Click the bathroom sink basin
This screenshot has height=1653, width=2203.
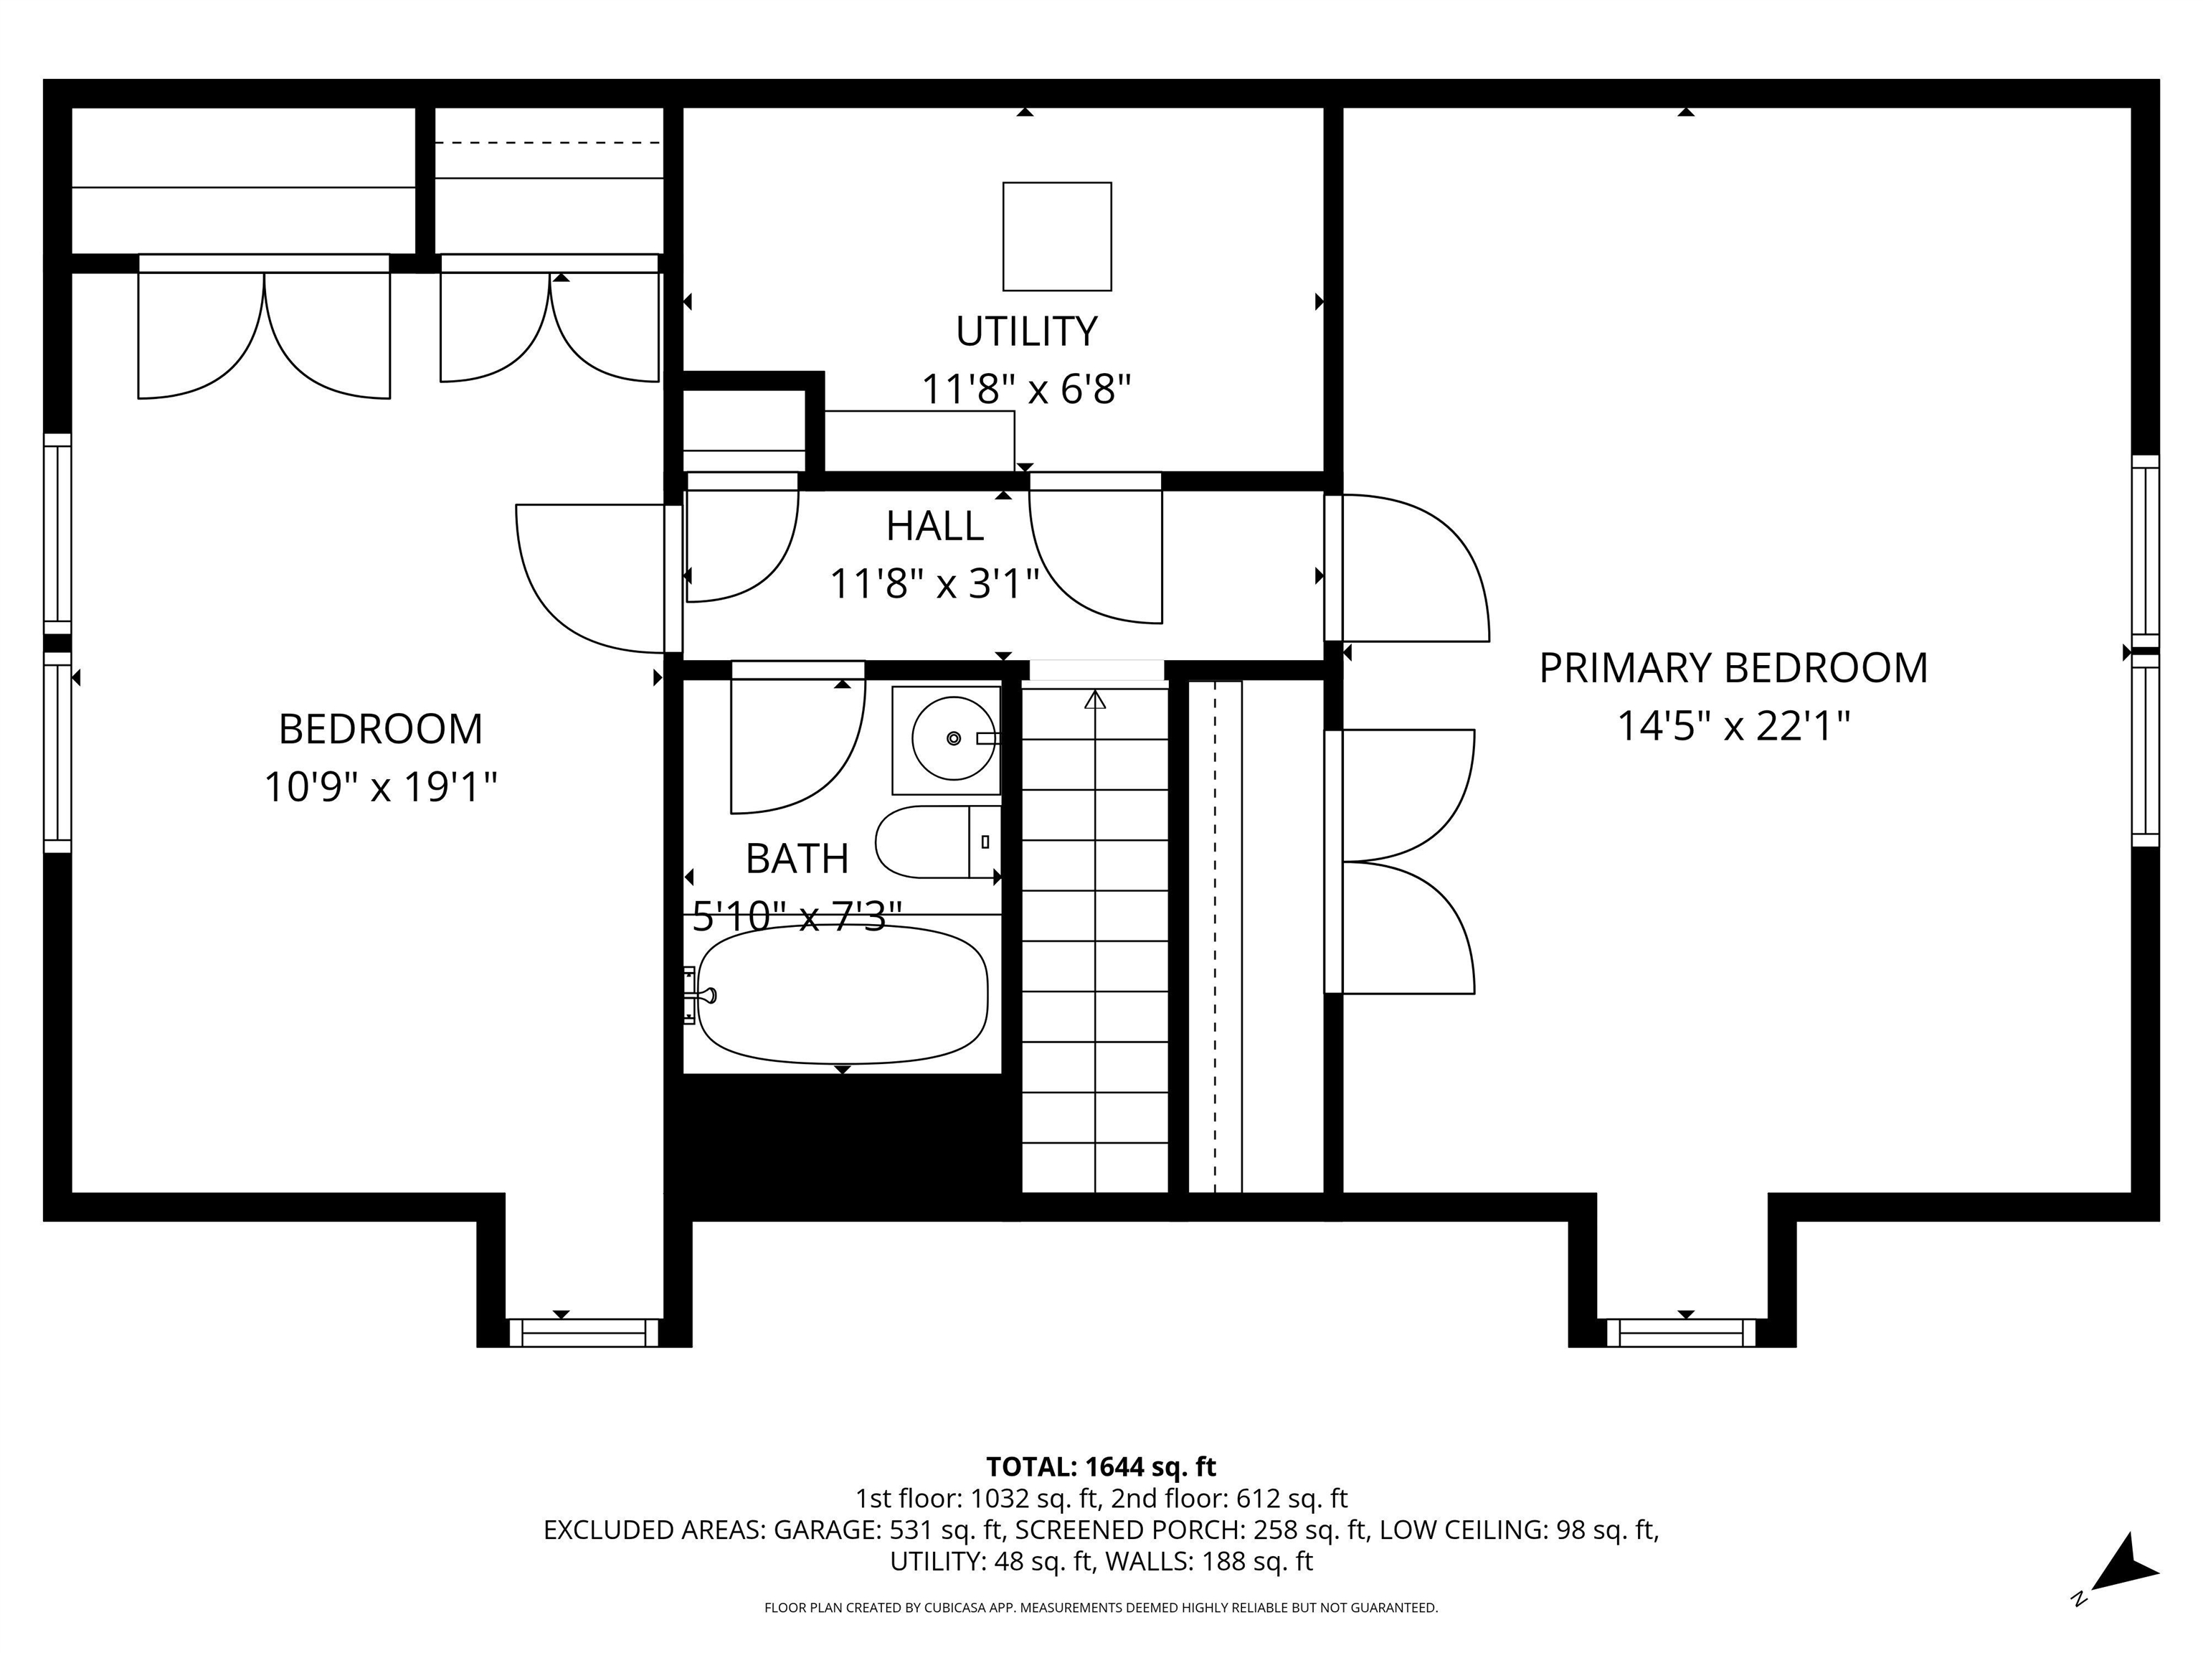(x=952, y=738)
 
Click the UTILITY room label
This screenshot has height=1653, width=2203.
(x=1025, y=331)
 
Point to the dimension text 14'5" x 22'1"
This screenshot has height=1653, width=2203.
(x=1732, y=726)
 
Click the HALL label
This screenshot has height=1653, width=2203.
(x=934, y=526)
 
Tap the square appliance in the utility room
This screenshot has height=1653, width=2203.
(x=1057, y=236)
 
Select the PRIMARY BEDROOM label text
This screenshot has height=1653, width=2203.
(x=1732, y=667)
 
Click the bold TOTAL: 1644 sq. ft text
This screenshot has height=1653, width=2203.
(x=1101, y=1466)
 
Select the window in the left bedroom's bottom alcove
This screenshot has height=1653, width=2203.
(x=584, y=1332)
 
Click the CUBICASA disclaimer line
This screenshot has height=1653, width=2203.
(x=1101, y=1607)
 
